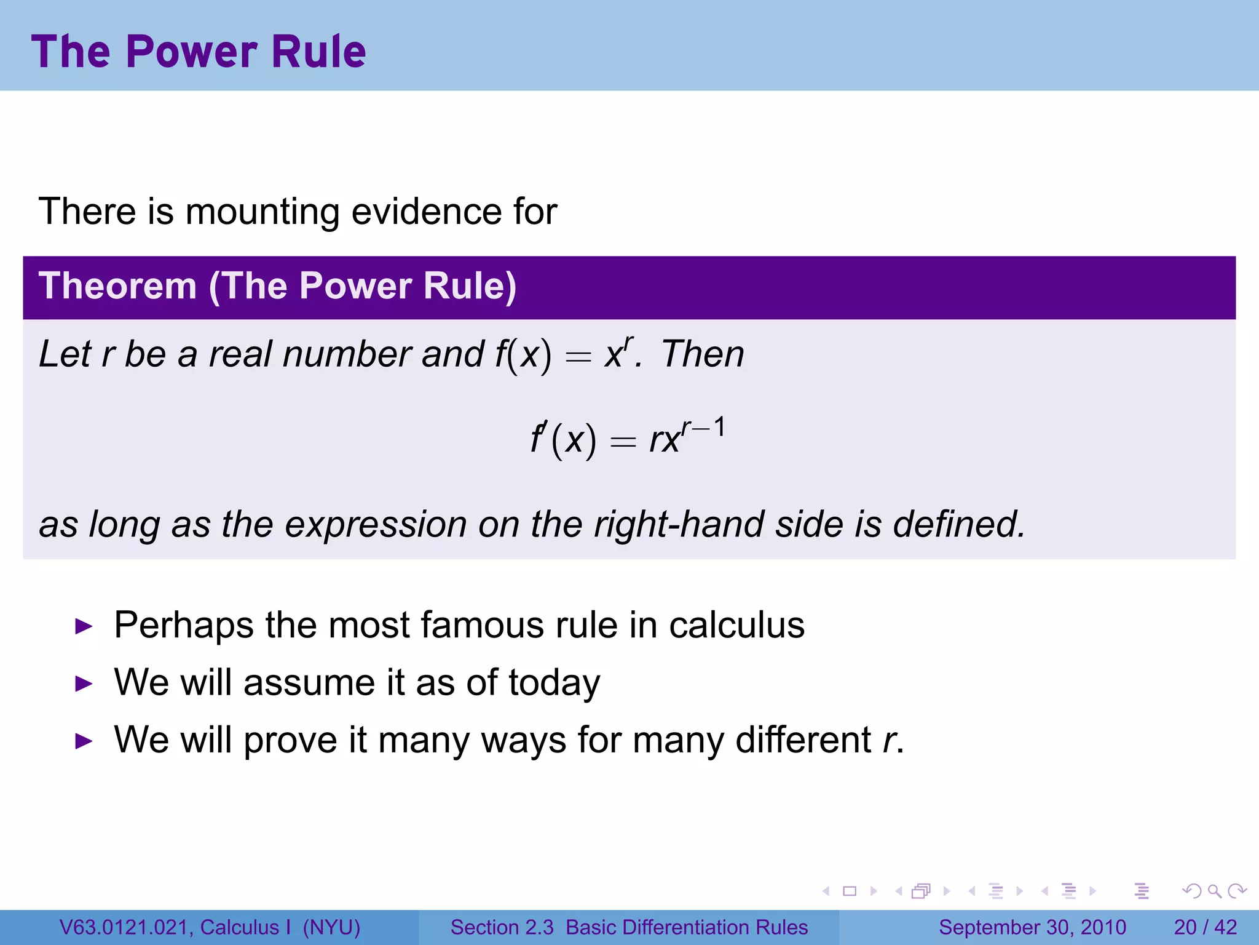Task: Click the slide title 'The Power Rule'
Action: (198, 52)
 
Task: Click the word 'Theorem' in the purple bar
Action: (117, 287)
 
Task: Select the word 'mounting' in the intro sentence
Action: (262, 212)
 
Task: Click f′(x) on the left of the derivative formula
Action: (562, 440)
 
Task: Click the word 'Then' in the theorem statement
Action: (702, 355)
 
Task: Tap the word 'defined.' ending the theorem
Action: (959, 525)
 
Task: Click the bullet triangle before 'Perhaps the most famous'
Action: (84, 627)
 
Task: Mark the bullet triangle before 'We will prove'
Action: (84, 741)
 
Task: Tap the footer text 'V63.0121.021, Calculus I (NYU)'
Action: (210, 927)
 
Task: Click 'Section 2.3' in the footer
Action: (502, 927)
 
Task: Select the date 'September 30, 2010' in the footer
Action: (1032, 927)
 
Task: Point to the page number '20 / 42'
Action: (1205, 927)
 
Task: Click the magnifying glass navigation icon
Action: (1214, 891)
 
